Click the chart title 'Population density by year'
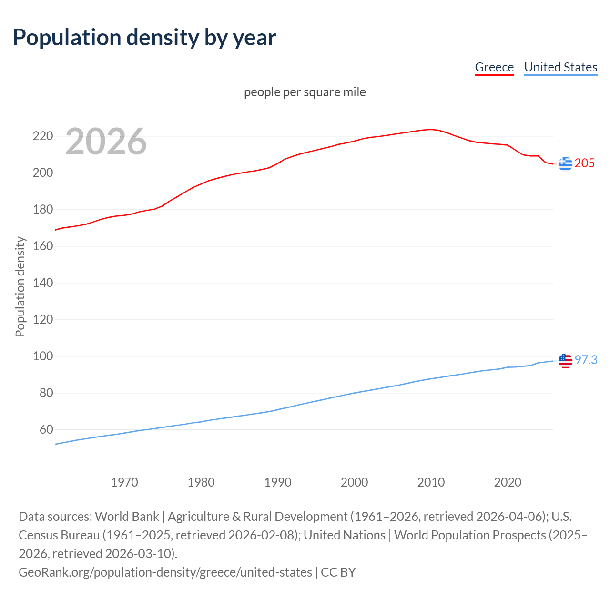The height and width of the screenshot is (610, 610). [x=144, y=38]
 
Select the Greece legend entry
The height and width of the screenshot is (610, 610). [x=494, y=67]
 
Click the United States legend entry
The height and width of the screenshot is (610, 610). [x=560, y=67]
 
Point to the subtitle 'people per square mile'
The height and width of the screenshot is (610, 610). [x=305, y=92]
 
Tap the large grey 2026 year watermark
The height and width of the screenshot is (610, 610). [x=106, y=142]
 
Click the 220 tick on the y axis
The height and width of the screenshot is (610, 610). [x=42, y=136]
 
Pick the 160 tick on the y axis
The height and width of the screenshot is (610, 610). [x=42, y=246]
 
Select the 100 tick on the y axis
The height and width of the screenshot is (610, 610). [x=42, y=356]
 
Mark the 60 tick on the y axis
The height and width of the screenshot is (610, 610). [x=46, y=430]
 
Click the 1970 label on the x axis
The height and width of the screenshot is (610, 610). [x=124, y=482]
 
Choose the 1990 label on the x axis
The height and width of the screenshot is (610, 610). [x=278, y=482]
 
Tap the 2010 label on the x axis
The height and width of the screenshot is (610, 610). [x=431, y=482]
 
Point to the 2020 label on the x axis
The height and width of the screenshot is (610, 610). [x=508, y=482]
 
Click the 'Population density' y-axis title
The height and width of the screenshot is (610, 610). [x=20, y=287]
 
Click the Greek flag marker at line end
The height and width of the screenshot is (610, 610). [x=565, y=163]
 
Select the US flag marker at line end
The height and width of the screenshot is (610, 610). [x=565, y=361]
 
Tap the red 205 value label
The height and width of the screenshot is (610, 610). [x=585, y=163]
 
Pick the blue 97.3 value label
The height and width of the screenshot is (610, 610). [x=586, y=360]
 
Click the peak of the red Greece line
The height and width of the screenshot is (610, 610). [x=431, y=129]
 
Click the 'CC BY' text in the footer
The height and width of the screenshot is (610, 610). [x=338, y=572]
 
